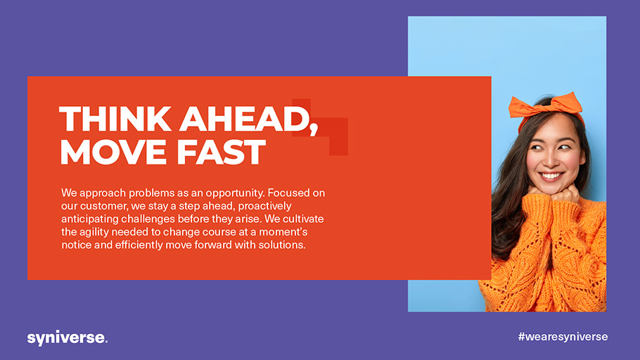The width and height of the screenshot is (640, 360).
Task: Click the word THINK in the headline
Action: pyautogui.click(x=115, y=119)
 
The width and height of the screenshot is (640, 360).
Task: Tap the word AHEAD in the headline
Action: pyautogui.click(x=244, y=119)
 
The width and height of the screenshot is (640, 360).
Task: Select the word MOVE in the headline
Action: pyautogui.click(x=113, y=152)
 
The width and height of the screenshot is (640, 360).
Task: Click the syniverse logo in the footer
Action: pyautogui.click(x=68, y=338)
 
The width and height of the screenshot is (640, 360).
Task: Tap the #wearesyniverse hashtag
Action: pyautogui.click(x=563, y=337)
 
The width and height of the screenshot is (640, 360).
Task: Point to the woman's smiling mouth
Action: pyautogui.click(x=551, y=176)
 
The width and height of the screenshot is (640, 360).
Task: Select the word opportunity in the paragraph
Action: pyautogui.click(x=234, y=193)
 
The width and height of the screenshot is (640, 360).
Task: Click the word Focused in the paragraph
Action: pyautogui.click(x=286, y=193)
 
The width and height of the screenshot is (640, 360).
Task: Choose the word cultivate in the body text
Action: pyautogui.click(x=303, y=219)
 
